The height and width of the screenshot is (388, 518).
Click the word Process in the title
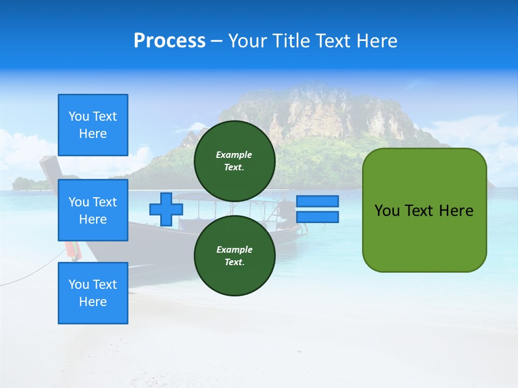tap(169, 41)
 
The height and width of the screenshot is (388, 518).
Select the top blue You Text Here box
tap(93, 125)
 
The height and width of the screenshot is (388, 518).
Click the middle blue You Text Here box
tap(93, 210)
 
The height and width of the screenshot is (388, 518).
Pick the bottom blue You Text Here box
tap(93, 293)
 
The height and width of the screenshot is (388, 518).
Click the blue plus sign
tap(166, 209)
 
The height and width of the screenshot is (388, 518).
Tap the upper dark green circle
tap(234, 161)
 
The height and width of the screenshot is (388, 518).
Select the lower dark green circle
tap(234, 256)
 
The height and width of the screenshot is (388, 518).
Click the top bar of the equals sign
tap(317, 201)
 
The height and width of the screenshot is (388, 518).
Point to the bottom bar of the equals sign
tap(317, 217)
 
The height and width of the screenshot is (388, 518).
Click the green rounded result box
tap(424, 210)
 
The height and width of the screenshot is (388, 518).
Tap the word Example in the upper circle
tap(234, 155)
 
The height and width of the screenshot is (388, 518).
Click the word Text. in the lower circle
tap(234, 262)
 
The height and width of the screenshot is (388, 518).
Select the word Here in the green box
tap(456, 211)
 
